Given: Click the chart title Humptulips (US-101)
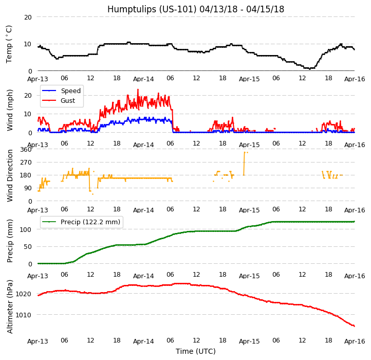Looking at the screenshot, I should [195, 9].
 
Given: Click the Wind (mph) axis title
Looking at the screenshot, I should [10, 110].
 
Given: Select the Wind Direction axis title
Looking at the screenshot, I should [10, 175].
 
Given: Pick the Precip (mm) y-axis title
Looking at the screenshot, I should [10, 241].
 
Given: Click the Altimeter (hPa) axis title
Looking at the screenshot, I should [10, 306].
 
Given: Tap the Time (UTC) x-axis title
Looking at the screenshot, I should [195, 351].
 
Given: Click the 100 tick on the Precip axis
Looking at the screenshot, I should [26, 229].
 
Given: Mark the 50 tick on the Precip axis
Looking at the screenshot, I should [27, 246].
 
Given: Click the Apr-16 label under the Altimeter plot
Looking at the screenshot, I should [355, 341].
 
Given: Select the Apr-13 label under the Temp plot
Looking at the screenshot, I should [38, 79].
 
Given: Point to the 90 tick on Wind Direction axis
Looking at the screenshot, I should [27, 188].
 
